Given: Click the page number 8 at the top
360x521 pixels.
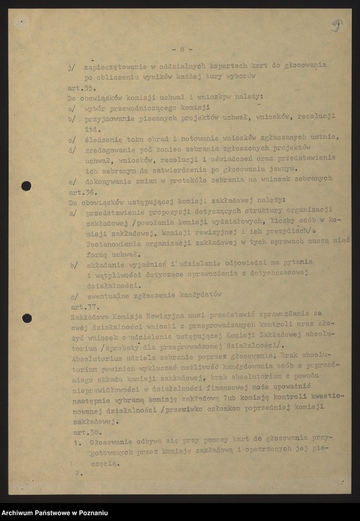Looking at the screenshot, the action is (182, 48).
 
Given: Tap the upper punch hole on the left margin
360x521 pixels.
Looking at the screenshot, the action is (26, 186).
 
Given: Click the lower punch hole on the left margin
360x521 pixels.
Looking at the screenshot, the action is (27, 318).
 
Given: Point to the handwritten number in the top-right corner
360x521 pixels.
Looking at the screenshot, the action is (337, 25).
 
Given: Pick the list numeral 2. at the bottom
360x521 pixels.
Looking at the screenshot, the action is (79, 473).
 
